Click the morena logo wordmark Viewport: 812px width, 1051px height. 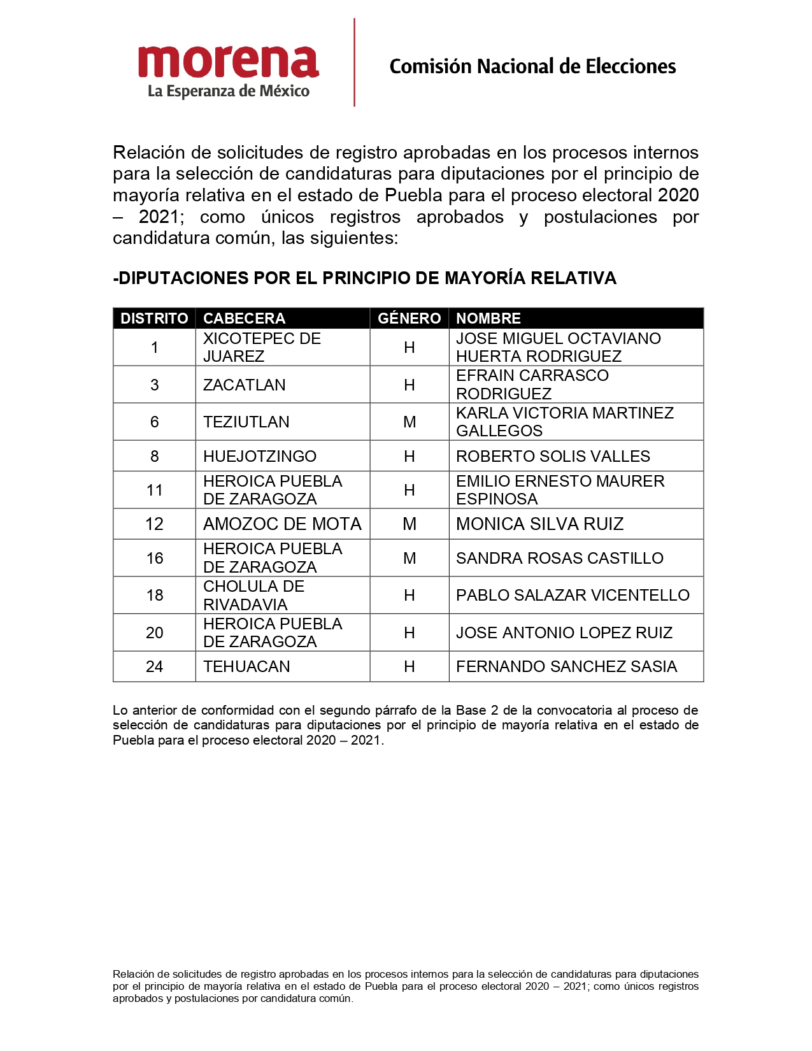pyautogui.click(x=228, y=62)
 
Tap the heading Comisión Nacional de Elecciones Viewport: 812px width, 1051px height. pyautogui.click(x=532, y=66)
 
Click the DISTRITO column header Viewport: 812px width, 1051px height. pyautogui.click(x=154, y=318)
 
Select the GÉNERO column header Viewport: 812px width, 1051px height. pyautogui.click(x=409, y=318)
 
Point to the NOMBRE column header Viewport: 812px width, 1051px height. pyautogui.click(x=488, y=318)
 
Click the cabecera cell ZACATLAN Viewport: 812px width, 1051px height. pyautogui.click(x=245, y=385)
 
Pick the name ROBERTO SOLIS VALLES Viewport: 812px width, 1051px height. pyautogui.click(x=553, y=456)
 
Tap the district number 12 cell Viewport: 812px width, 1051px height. pyautogui.click(x=154, y=524)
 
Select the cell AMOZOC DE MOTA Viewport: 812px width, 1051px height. pyautogui.click(x=282, y=524)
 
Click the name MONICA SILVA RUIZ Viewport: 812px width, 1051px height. pyautogui.click(x=539, y=524)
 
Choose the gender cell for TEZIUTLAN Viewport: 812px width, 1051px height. pyautogui.click(x=410, y=422)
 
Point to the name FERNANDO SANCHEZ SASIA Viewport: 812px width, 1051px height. pyautogui.click(x=566, y=666)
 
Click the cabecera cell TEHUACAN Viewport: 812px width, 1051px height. pyautogui.click(x=246, y=666)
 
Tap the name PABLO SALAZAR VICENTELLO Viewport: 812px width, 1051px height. pyautogui.click(x=573, y=595)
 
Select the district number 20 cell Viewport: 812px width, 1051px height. pyautogui.click(x=154, y=633)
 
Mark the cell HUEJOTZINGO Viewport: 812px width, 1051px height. pyautogui.click(x=260, y=456)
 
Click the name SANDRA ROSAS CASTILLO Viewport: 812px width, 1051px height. pyautogui.click(x=559, y=558)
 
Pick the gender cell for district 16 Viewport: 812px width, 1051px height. pyautogui.click(x=410, y=558)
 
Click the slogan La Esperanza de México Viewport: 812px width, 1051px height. pyautogui.click(x=229, y=91)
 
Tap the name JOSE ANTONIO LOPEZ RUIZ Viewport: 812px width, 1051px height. pyautogui.click(x=564, y=633)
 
